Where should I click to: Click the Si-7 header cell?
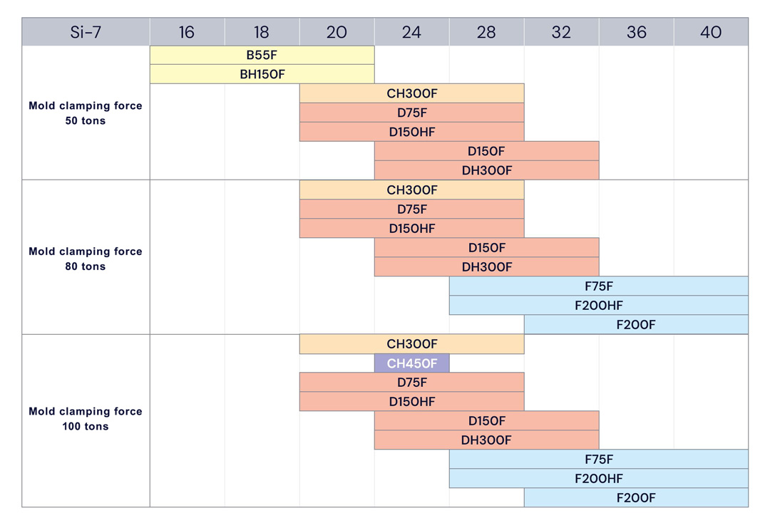tap(86, 32)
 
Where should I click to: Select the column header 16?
tap(187, 32)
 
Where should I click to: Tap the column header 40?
tap(711, 32)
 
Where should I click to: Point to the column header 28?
tap(486, 32)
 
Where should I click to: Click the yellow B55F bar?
tap(262, 55)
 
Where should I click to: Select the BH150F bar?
tap(262, 74)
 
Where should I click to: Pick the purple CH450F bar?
tap(411, 363)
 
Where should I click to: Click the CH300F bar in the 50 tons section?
tap(411, 93)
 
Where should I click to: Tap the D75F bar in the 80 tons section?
tap(411, 209)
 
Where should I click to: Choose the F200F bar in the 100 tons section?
tap(635, 498)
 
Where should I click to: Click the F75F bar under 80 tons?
tap(598, 286)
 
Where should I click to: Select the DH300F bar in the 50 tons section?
tap(486, 170)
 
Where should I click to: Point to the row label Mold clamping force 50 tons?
tap(86, 113)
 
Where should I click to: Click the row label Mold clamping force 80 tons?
tap(86, 259)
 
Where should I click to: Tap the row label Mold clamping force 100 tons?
tap(86, 419)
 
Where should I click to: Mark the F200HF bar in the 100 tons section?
tap(598, 479)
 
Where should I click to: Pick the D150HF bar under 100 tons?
tap(411, 402)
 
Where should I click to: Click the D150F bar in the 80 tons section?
tap(486, 248)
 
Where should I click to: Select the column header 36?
tap(636, 32)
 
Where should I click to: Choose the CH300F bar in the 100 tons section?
tap(411, 344)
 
